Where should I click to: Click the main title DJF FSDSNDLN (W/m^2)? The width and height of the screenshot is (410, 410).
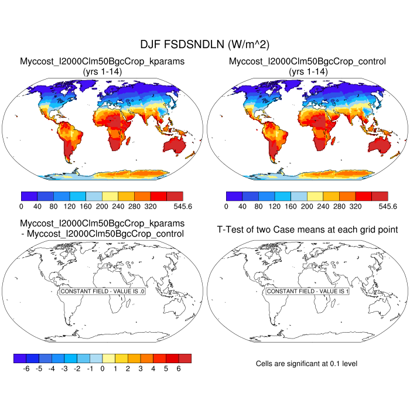205,45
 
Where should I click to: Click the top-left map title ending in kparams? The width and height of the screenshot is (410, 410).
102,61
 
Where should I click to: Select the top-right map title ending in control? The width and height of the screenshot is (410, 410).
307,61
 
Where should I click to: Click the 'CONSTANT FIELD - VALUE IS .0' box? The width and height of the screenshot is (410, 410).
102,291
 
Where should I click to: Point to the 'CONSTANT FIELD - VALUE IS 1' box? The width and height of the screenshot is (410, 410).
307,291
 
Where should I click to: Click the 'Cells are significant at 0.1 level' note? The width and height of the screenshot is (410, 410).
306,364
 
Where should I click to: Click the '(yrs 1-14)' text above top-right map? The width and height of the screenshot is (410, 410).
307,71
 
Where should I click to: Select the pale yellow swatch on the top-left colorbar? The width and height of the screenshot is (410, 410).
110,196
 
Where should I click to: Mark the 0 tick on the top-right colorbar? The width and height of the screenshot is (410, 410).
226,206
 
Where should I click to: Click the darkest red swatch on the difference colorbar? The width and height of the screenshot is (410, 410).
184,358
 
